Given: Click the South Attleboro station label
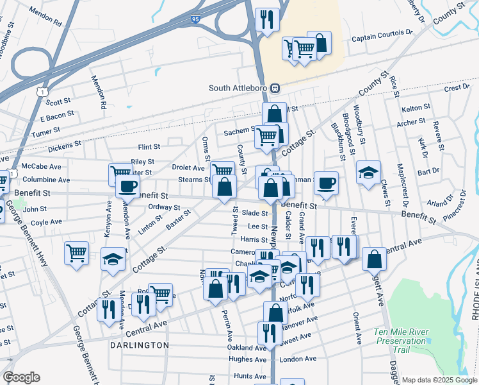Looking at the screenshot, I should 238,88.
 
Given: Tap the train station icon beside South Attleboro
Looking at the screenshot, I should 274,88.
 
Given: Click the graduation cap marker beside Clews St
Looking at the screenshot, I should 369,173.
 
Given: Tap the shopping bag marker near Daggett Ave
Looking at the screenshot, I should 374,259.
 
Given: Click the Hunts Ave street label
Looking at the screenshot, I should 250,376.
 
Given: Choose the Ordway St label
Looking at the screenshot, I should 165,207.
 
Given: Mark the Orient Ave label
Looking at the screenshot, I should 356,328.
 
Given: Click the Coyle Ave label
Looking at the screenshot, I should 46,222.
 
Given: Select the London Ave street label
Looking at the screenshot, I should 298,359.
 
